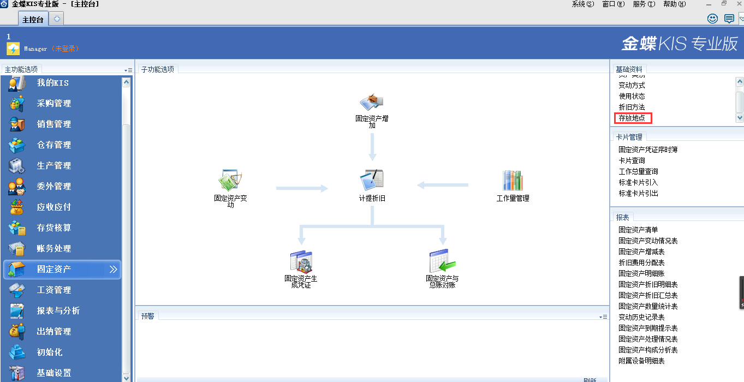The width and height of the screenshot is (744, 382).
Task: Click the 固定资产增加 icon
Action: pyautogui.click(x=372, y=102)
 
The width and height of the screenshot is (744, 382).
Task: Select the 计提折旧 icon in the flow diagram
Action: pyautogui.click(x=372, y=180)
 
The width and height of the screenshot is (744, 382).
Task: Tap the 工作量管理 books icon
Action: pyautogui.click(x=513, y=180)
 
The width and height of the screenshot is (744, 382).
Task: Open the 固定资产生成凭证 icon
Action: pyautogui.click(x=301, y=261)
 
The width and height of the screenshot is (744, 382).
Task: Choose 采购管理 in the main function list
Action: pyautogui.click(x=53, y=104)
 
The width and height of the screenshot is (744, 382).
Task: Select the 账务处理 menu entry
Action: pyautogui.click(x=53, y=249)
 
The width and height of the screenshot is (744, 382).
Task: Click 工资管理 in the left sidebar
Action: pyautogui.click(x=53, y=290)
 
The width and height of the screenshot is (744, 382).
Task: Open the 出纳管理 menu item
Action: pyautogui.click(x=53, y=332)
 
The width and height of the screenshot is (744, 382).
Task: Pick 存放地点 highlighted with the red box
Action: pyautogui.click(x=632, y=118)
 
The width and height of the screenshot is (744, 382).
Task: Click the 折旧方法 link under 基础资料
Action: pyautogui.click(x=632, y=107)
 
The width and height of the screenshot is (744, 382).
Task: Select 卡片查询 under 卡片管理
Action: pyautogui.click(x=632, y=160)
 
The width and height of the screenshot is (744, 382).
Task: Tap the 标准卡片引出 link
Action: pyautogui.click(x=638, y=193)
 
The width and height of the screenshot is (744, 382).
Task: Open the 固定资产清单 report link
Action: pyautogui.click(x=638, y=230)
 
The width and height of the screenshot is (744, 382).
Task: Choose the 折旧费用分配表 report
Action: pyautogui.click(x=641, y=262)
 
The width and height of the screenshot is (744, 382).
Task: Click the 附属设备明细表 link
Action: pyautogui.click(x=641, y=361)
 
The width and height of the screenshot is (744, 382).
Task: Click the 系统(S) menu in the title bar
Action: pyautogui.click(x=582, y=4)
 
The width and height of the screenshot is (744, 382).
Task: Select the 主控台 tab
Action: pyautogui.click(x=33, y=20)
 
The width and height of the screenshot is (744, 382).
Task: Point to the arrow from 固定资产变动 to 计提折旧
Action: pyautogui.click(x=301, y=188)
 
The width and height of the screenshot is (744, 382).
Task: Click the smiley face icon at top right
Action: pyautogui.click(x=712, y=19)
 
